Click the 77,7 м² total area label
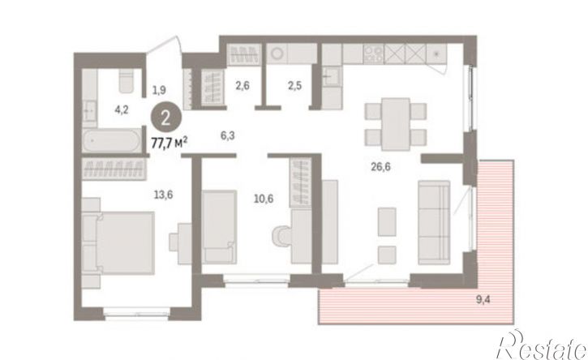pos(170,143)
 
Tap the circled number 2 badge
pos(166,118)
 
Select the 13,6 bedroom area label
pos(164,195)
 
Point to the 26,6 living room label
pos(380,166)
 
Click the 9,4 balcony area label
pos(483,299)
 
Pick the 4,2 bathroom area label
pos(122,110)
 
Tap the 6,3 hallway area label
pos(228,135)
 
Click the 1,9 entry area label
pos(159,90)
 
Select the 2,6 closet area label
pos(242,86)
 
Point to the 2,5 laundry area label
pos(294,86)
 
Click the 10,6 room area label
pos(264,199)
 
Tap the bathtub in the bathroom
pos(112,140)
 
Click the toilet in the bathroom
pos(126,80)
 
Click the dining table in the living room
pos(396,124)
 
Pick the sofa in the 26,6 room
pos(434,223)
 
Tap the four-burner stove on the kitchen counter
pos(374,54)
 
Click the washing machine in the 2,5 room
pos(277,54)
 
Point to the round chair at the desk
pos(282,236)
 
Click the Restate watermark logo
pos(541,345)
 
